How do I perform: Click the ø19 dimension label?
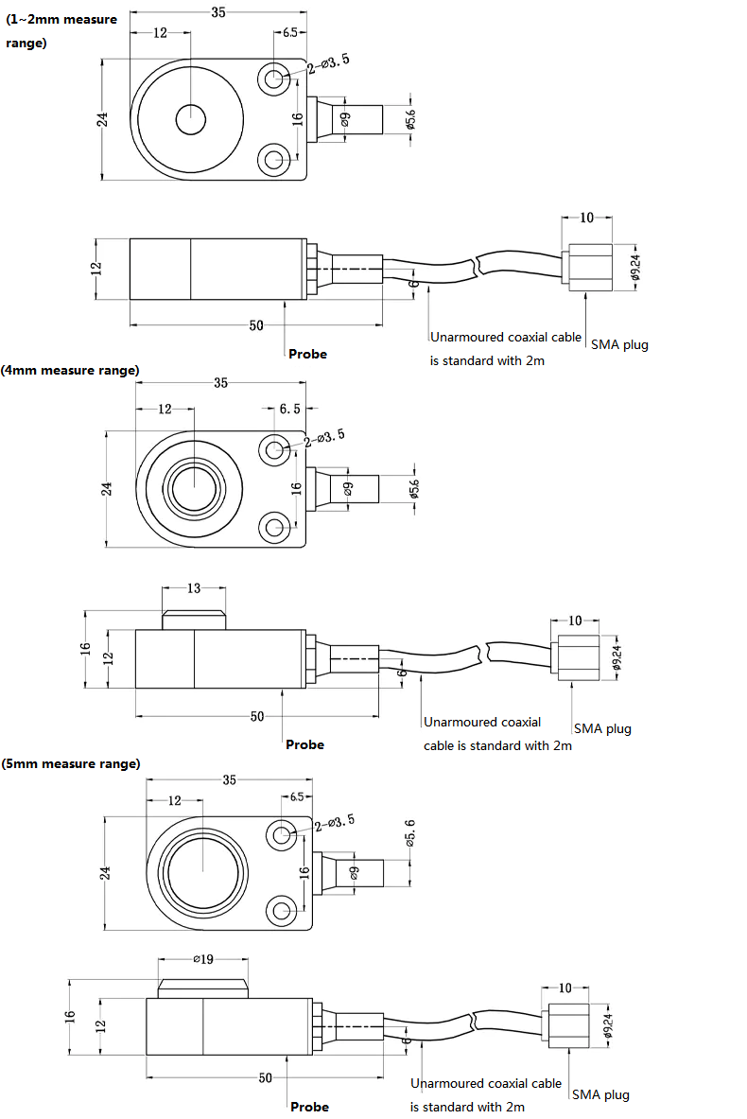pos(203,959)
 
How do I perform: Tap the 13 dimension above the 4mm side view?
pos(194,588)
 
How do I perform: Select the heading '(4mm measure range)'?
pos(70,371)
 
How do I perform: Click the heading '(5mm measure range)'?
pos(71,763)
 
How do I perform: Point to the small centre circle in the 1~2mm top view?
pos(190,119)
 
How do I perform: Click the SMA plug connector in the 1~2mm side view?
pos(587,268)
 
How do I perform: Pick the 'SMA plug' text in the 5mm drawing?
pos(600,1094)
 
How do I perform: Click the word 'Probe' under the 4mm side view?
pos(304,744)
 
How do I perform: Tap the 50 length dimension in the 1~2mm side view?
pos(256,325)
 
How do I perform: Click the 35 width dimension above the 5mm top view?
pos(229,780)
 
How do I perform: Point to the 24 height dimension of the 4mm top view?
pos(106,489)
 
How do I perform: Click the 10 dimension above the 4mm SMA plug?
pos(575,621)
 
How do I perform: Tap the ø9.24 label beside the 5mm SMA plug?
pos(608,1025)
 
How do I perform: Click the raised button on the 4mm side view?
pos(194,620)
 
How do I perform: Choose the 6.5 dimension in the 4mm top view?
pos(289,409)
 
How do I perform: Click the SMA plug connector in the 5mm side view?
pos(568,1025)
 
